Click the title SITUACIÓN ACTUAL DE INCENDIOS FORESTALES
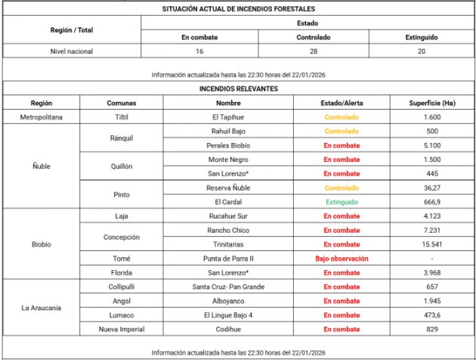point(238,9)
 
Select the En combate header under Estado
point(199,37)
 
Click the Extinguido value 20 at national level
point(421,51)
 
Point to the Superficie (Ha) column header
point(431,103)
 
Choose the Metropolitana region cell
point(41,117)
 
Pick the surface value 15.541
point(431,244)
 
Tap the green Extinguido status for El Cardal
point(342,202)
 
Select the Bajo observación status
point(342,258)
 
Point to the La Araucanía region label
point(41,308)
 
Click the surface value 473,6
point(431,315)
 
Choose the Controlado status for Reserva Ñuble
point(342,188)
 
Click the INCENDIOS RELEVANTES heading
point(238,88)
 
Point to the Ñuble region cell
point(41,166)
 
